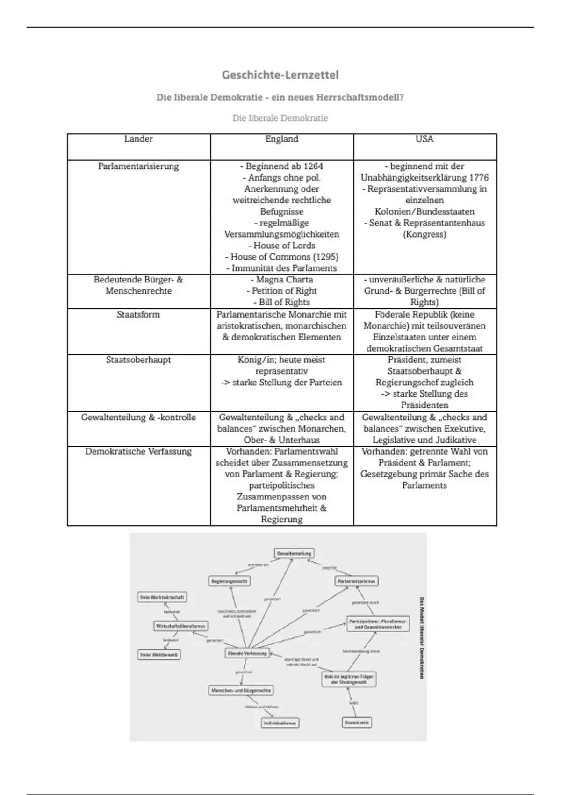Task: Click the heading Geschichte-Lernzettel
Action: click(280, 75)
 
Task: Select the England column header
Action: click(281, 139)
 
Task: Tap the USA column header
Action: click(424, 139)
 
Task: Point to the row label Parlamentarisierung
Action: click(138, 166)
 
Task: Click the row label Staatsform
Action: click(138, 315)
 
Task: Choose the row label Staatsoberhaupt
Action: click(138, 360)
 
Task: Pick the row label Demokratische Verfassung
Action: click(138, 452)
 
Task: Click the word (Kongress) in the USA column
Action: click(424, 234)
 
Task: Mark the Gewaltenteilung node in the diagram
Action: click(294, 553)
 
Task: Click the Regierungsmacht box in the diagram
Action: click(229, 581)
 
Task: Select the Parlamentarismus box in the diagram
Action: click(357, 581)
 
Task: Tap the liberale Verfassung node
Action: click(246, 653)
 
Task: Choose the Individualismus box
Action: click(280, 723)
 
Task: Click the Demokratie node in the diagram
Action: click(357, 723)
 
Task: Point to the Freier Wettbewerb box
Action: click(159, 655)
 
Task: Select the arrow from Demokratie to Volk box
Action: click(353, 702)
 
